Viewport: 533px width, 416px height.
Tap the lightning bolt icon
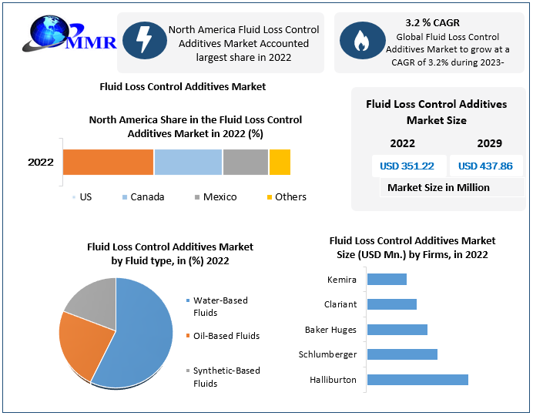click(143, 41)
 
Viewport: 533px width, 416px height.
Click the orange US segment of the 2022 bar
click(108, 162)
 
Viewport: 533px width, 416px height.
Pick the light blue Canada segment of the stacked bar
click(188, 162)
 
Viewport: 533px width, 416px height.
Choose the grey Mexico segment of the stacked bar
click(245, 162)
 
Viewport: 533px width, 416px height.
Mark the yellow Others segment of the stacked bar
click(280, 162)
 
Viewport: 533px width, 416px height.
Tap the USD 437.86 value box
click(485, 166)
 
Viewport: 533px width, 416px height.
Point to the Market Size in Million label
click(438, 187)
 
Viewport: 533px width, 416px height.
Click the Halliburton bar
click(417, 380)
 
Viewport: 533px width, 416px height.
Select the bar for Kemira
click(387, 279)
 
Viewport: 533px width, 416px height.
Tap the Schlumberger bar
click(402, 354)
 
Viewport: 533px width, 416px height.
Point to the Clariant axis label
click(340, 304)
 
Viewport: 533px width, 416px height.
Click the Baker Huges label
click(330, 330)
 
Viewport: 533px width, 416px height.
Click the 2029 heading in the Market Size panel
click(489, 143)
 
